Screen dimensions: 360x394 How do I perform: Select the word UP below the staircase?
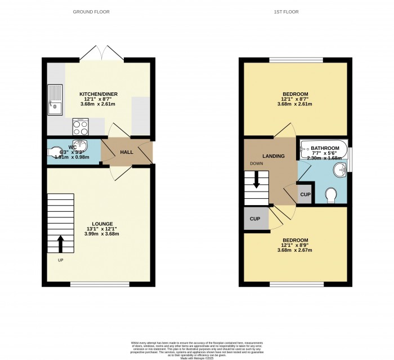point(60,260)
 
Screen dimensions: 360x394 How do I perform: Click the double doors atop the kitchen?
point(101,54)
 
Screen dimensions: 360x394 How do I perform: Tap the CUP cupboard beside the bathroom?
point(305,194)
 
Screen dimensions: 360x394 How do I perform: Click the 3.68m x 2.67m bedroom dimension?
point(295,250)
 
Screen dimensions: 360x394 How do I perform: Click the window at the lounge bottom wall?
point(99,284)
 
